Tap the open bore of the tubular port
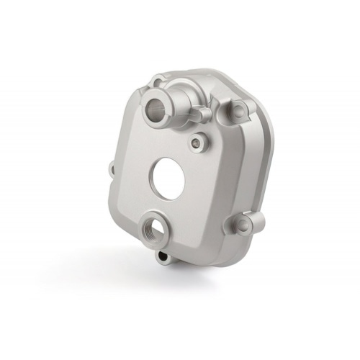tap(155, 112)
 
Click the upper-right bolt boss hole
tap(234, 109)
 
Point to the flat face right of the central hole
tap(209, 180)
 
